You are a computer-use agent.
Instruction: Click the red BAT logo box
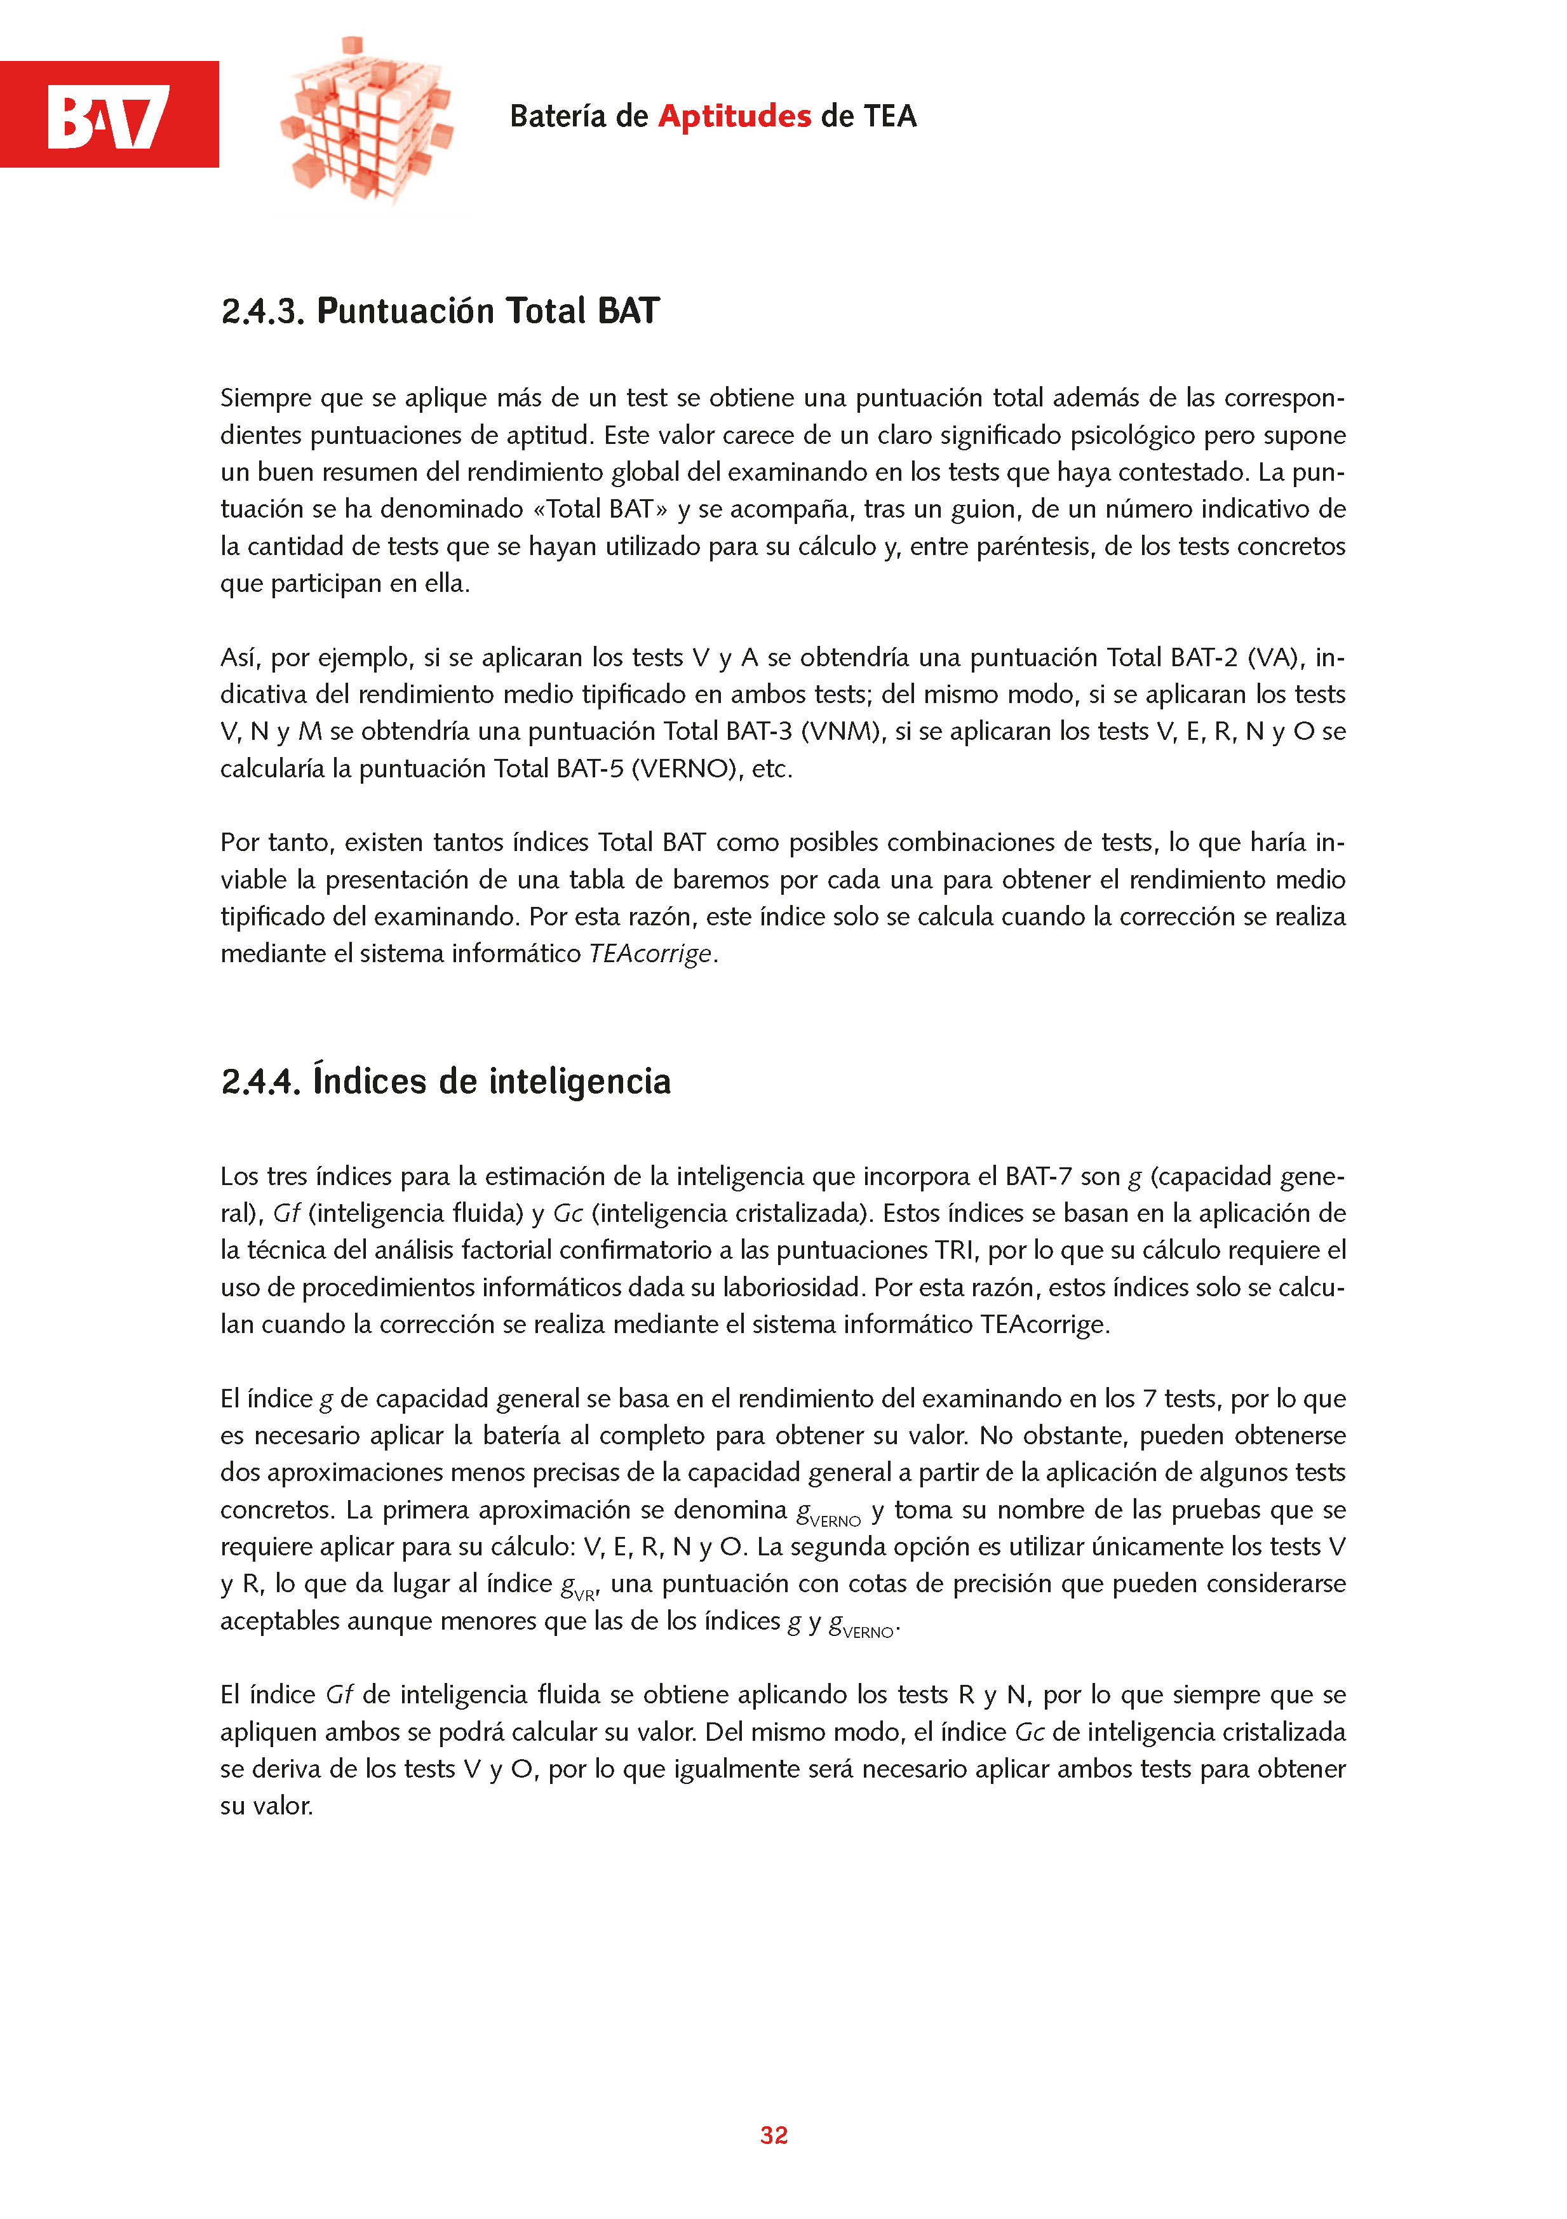(109, 114)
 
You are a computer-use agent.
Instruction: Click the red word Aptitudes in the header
(735, 116)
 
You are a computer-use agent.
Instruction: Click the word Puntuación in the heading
(406, 311)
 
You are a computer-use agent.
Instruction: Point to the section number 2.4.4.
(261, 1082)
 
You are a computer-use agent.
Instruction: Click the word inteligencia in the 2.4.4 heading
(580, 1082)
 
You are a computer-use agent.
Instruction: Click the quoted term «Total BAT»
(600, 509)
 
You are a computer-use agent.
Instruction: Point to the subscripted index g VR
(579, 1586)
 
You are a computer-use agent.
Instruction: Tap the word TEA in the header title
(889, 116)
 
